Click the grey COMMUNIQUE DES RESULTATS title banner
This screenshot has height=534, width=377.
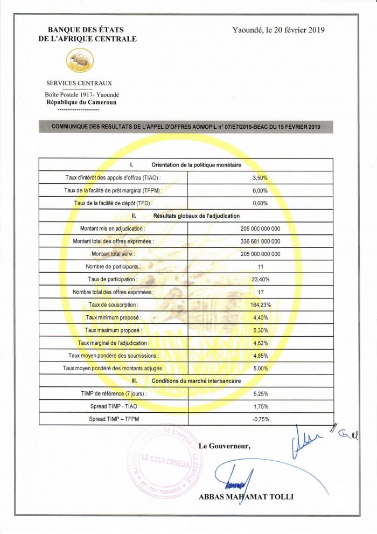[x=186, y=127]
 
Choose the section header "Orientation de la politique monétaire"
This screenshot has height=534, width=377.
[x=196, y=164]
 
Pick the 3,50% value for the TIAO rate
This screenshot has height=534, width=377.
[x=260, y=177]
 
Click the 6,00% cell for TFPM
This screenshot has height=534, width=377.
[x=260, y=190]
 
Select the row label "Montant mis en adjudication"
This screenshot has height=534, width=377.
[x=113, y=228]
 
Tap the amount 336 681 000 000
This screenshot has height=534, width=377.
[x=260, y=241]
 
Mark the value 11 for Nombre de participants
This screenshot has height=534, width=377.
[x=260, y=267]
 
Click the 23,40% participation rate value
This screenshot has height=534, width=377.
[x=260, y=280]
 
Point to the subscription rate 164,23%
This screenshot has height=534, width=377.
[x=260, y=305]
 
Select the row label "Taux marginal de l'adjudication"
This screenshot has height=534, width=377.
[x=114, y=343]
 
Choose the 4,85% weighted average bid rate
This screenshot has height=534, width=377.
[x=260, y=356]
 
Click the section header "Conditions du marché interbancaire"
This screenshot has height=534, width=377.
[x=196, y=381]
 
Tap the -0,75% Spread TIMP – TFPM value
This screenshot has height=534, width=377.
[x=260, y=419]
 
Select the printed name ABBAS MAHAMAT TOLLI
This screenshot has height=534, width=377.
[x=246, y=497]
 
